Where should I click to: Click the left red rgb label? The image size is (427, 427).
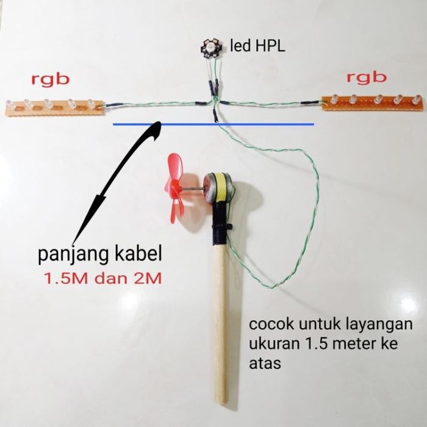click(51, 79)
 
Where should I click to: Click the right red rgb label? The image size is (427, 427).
click(367, 77)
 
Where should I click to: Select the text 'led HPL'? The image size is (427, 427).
click(257, 45)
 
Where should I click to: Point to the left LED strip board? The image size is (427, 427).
click(54, 106)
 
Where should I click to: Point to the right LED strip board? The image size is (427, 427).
click(372, 101)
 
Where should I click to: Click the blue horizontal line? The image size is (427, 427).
click(213, 124)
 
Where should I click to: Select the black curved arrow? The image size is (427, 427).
click(119, 177)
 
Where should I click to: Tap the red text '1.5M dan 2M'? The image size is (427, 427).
click(102, 279)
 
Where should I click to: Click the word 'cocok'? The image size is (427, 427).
click(267, 324)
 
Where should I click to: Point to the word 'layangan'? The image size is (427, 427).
click(379, 324)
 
